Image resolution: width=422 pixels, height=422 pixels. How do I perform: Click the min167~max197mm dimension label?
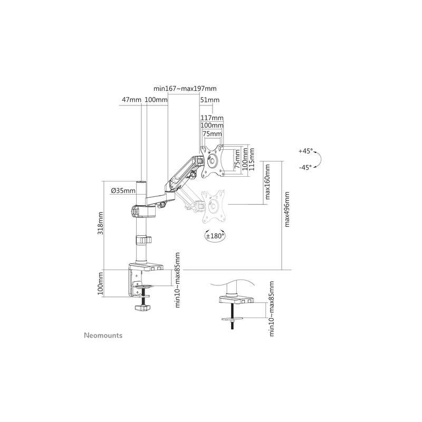(185, 89)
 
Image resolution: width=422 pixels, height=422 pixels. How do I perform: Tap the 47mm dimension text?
(131, 100)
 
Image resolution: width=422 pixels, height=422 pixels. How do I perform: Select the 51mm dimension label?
(210, 100)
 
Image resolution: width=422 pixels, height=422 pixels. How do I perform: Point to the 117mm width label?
(212, 118)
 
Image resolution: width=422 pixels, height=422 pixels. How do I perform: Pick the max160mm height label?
(267, 183)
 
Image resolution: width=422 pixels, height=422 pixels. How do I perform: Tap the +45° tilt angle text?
(305, 151)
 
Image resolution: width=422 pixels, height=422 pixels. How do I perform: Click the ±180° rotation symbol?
(214, 236)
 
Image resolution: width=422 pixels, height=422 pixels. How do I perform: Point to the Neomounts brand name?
(103, 335)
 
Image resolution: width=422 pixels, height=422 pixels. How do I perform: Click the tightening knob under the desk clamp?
(142, 308)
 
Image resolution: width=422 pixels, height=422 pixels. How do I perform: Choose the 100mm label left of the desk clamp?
(101, 284)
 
